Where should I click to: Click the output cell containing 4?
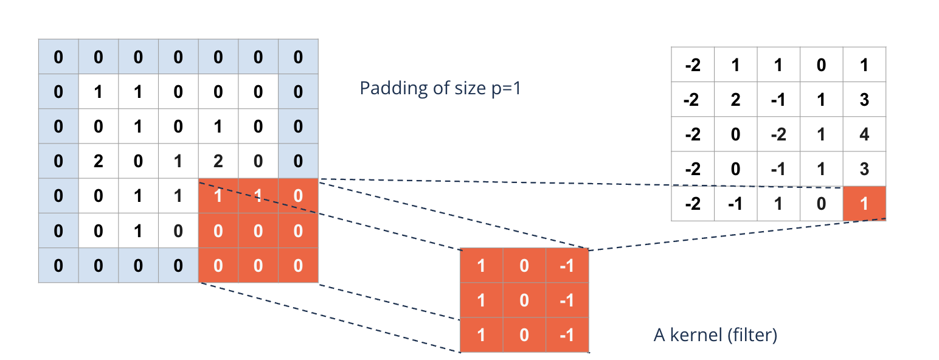coord(864,134)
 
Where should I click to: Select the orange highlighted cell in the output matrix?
coord(864,204)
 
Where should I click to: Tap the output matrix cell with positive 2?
coord(735,99)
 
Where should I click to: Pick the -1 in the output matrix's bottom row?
coord(735,204)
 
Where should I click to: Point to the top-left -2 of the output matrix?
coord(693,64)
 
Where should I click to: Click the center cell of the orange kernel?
coord(524,300)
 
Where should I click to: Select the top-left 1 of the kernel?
coord(481,266)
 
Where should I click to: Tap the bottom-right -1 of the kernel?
coord(567,335)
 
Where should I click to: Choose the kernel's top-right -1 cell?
coord(567,266)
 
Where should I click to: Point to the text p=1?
coord(503,88)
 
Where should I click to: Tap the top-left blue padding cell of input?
coord(58,57)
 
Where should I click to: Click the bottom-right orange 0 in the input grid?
coord(298,266)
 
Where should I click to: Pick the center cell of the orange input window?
coord(258,231)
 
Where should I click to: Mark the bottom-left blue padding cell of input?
coord(58,266)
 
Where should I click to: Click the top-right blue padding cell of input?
coord(298,57)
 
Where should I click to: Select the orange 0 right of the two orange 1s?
coord(298,196)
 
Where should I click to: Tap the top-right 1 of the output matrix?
coord(864,64)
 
